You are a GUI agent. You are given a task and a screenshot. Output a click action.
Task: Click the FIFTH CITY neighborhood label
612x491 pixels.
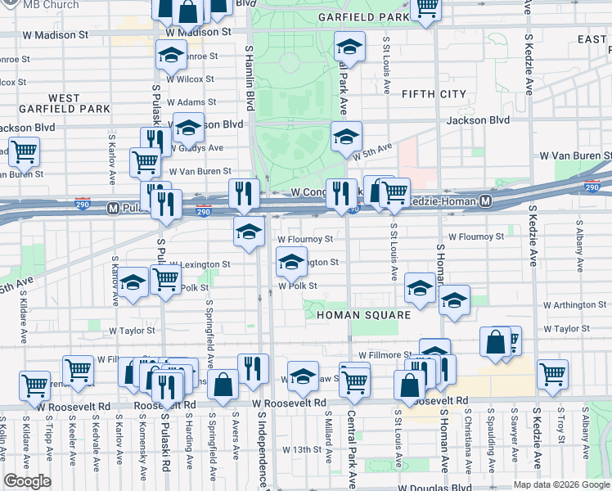(432, 94)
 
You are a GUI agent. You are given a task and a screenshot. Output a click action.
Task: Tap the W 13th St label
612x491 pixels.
(303, 449)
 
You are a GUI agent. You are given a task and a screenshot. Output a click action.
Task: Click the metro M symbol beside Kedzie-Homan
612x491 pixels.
(486, 200)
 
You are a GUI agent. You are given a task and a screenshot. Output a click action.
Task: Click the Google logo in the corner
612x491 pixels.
(27, 481)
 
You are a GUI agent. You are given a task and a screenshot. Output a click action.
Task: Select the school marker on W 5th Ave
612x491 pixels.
(346, 135)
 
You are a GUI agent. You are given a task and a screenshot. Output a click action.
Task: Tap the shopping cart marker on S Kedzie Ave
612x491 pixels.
(553, 374)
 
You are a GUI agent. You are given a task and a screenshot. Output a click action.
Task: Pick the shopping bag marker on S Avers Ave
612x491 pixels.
(223, 385)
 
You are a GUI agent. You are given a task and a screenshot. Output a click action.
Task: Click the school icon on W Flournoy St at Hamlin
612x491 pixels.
(249, 230)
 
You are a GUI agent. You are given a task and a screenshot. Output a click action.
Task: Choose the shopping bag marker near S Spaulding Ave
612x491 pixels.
(496, 342)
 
